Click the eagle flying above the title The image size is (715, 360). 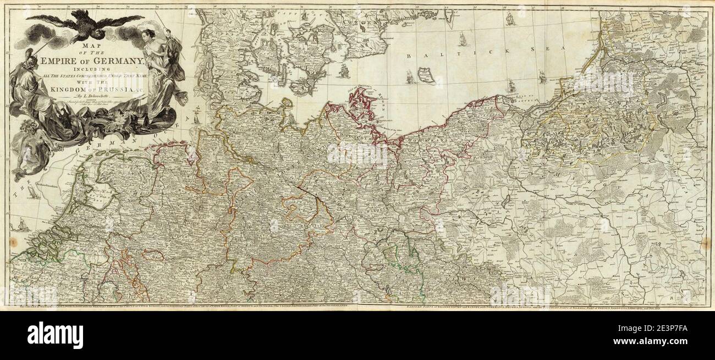click(x=85, y=25)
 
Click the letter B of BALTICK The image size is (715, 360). click(x=409, y=56)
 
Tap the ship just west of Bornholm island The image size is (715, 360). click(x=409, y=77)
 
